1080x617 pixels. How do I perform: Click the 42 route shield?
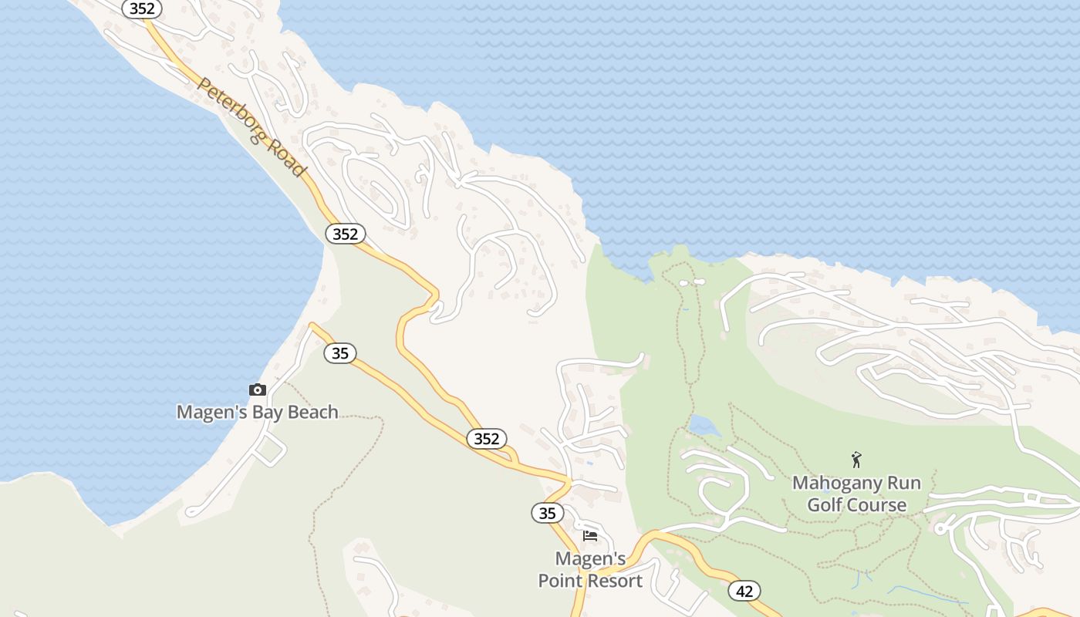pos(744,592)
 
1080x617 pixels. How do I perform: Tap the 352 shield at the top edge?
pos(142,8)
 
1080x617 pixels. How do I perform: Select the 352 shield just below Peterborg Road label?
pos(345,234)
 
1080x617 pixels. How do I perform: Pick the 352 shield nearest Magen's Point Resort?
pos(487,439)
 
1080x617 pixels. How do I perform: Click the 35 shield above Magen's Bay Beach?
pos(339,353)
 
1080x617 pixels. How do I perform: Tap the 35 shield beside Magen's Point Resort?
pos(547,513)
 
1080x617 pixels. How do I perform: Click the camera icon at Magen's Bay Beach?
pos(258,390)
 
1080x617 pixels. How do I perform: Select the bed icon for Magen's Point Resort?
pos(590,535)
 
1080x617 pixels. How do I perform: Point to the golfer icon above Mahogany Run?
pos(856,460)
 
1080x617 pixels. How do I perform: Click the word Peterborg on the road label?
pos(228,109)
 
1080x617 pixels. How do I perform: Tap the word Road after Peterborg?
pos(287,159)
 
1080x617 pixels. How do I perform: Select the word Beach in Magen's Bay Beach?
pos(312,412)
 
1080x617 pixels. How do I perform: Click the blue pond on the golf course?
pos(700,425)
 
